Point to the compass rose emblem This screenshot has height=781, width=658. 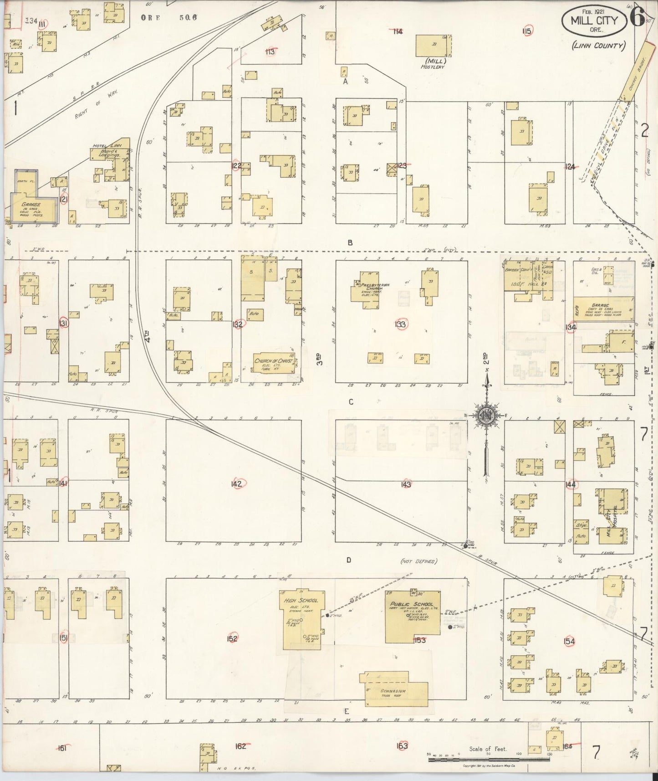click(486, 415)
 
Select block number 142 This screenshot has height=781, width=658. click(236, 484)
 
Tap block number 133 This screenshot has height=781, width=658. click(401, 324)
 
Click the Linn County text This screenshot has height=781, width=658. click(598, 45)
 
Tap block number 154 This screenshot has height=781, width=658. click(569, 642)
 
